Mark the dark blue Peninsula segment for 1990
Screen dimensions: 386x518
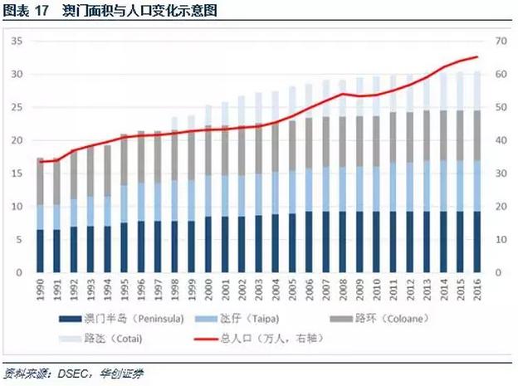pyautogui.click(x=41, y=251)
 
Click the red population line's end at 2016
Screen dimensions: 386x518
pyautogui.click(x=476, y=57)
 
